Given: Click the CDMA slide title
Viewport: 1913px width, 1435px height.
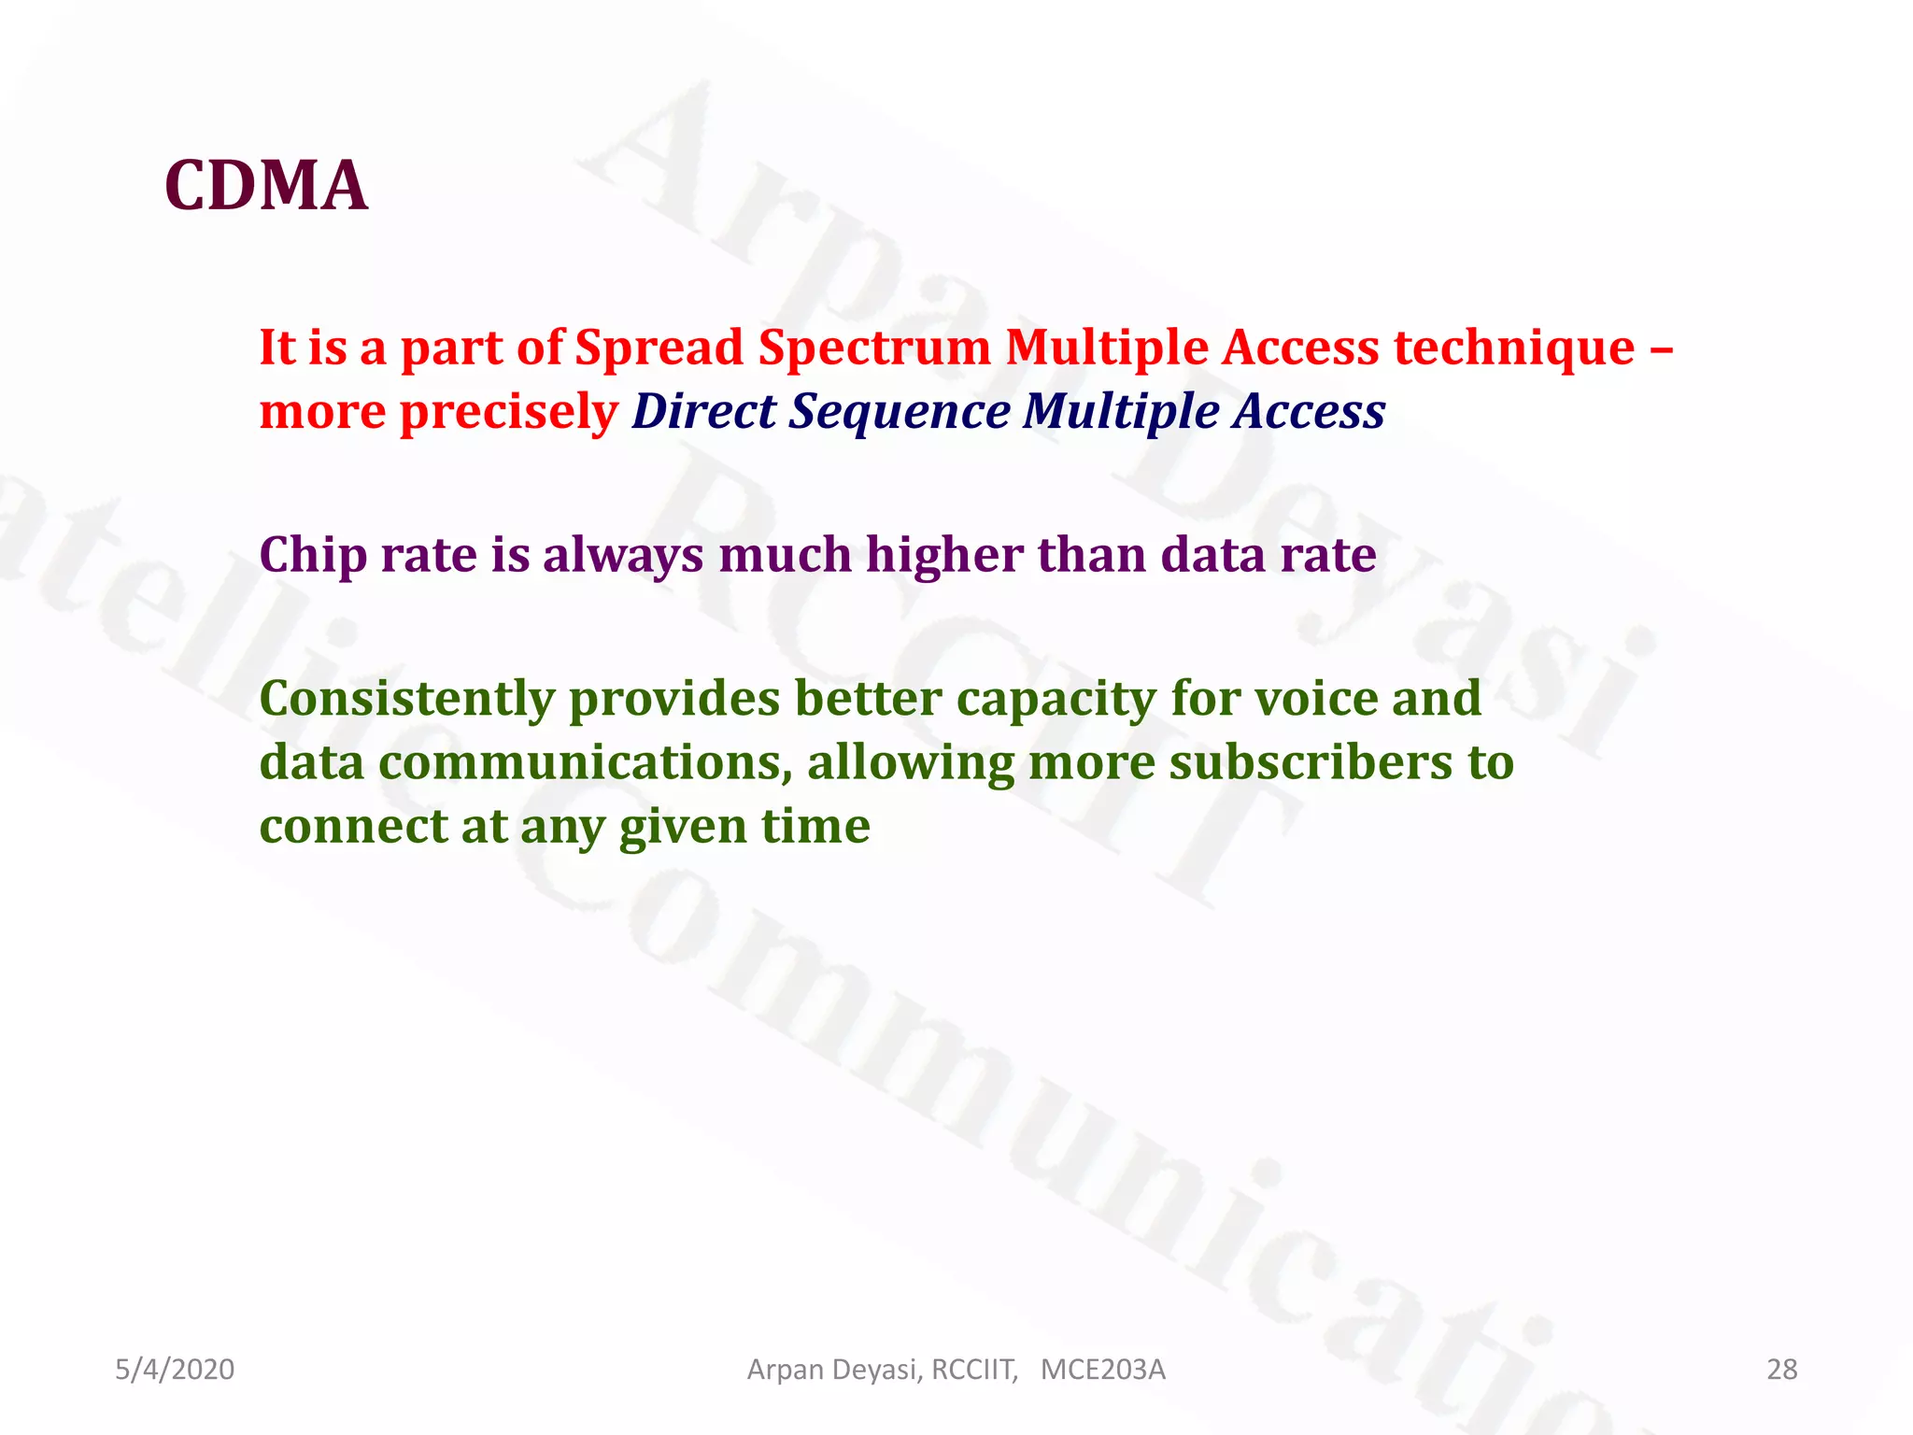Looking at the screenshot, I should pos(266,185).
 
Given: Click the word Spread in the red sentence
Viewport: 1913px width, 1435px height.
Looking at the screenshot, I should pos(659,348).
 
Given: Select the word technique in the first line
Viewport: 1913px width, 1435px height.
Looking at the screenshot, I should pos(1514,348).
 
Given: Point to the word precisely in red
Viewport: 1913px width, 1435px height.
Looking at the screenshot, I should pos(509,413).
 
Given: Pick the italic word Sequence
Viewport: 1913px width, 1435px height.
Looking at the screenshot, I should pos(899,413).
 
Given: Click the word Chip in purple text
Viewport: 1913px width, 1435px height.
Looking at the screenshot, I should pos(313,555).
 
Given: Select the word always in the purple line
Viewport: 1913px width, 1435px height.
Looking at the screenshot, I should pos(623,555).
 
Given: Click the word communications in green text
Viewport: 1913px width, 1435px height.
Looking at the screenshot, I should pos(579,762).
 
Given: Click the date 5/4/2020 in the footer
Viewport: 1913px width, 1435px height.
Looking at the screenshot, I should pos(175,1370).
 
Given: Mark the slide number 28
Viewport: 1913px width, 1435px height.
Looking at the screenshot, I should pos(1781,1370).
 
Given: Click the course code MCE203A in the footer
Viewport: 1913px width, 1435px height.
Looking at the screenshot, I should pos(1102,1370).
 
